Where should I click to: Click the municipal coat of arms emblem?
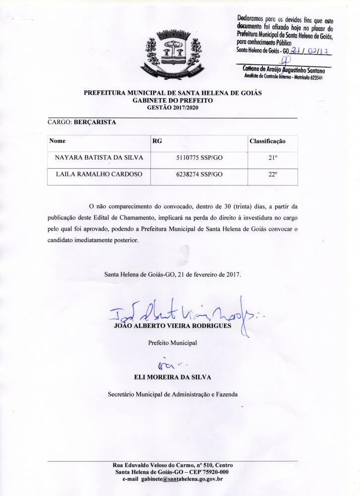[172, 54]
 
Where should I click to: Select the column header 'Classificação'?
[267, 141]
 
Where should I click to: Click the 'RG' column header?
[157, 141]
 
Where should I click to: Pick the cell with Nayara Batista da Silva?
[99, 158]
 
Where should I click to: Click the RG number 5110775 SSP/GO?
[199, 158]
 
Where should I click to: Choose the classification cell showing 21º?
[272, 158]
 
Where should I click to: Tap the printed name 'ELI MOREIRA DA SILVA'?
[173, 377]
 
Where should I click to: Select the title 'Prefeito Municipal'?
[173, 342]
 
